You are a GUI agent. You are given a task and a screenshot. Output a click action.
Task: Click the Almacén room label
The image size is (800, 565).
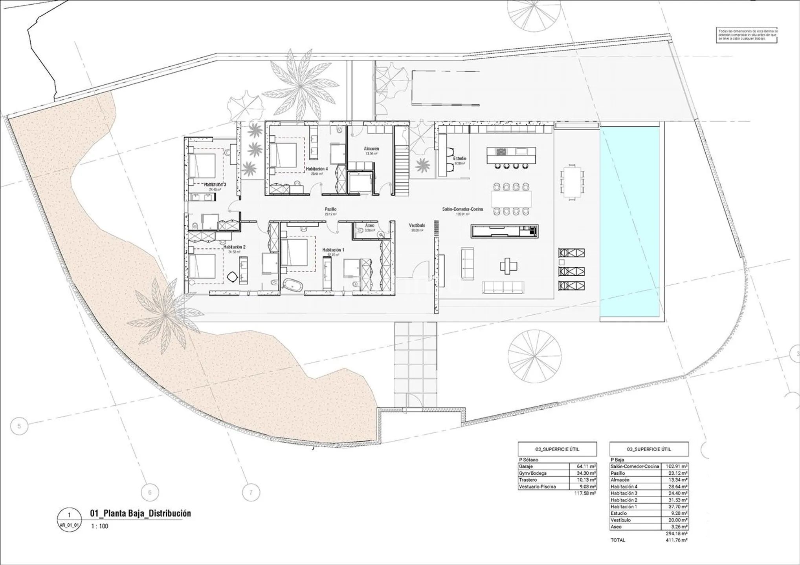371,149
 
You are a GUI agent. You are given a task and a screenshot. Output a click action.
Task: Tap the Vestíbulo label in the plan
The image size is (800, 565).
417,226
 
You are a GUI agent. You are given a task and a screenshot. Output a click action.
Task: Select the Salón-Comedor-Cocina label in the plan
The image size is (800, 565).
462,209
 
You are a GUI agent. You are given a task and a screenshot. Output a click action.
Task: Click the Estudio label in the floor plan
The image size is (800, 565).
460,159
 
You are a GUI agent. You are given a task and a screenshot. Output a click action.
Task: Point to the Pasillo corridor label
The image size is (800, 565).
330,209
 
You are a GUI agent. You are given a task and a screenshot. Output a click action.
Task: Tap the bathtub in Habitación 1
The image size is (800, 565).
293,285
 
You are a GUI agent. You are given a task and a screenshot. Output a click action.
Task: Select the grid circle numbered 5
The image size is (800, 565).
19,426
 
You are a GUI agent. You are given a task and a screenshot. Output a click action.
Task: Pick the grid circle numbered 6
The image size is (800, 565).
149,492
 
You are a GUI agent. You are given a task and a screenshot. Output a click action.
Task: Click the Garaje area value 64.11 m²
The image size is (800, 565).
583,467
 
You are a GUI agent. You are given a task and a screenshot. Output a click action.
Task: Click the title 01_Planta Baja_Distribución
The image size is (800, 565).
140,513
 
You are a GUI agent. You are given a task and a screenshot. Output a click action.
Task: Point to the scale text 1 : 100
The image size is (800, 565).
99,526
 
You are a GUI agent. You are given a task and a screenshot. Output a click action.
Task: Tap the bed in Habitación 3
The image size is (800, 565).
202,165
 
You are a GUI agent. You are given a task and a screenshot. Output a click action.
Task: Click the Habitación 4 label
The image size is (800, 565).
317,169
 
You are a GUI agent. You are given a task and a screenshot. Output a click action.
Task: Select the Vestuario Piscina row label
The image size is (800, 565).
537,487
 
